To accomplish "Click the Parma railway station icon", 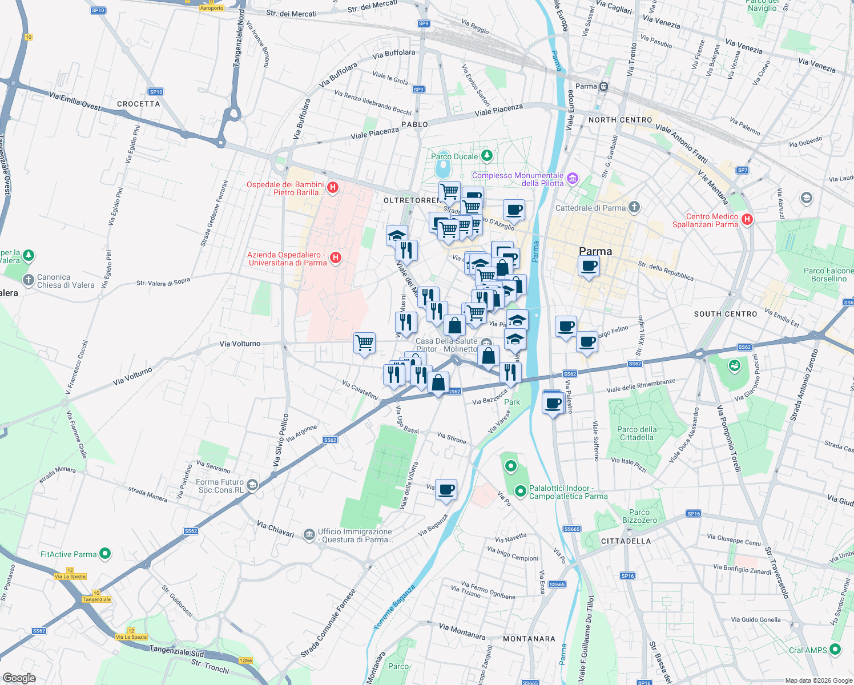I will [603, 87].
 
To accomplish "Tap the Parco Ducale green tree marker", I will [486, 155].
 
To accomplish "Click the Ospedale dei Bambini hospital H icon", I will [333, 187].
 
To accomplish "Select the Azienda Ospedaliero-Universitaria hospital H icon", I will [336, 258].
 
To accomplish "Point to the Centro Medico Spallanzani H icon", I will [747, 219].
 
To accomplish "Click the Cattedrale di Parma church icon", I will [634, 207].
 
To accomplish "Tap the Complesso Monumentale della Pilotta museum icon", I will [573, 179].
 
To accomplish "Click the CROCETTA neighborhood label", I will [139, 104].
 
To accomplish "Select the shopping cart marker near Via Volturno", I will [364, 344].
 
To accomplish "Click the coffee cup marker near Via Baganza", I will [446, 490].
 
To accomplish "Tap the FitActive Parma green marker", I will [105, 553].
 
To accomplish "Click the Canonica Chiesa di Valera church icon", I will [29, 280].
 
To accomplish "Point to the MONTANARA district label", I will [529, 639].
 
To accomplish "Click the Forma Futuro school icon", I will [252, 485].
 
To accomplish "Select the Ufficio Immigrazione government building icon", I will [309, 534].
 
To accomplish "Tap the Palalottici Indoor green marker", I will [520, 491].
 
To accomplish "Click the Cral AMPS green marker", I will [835, 649].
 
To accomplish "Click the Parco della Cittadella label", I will [637, 433].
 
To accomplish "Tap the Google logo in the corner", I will [19, 678].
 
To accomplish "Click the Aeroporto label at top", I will [212, 8].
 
